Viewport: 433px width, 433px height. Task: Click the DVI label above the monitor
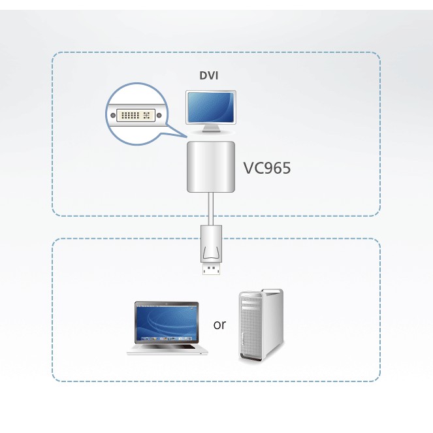coord(209,76)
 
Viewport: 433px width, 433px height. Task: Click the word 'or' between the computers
coord(219,325)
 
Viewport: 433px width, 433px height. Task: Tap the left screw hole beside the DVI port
coord(113,117)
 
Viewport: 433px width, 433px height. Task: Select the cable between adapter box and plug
coord(210,209)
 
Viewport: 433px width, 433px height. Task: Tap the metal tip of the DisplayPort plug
coord(210,268)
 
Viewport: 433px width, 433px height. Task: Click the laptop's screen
coord(167,322)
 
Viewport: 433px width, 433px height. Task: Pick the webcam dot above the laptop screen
coord(167,304)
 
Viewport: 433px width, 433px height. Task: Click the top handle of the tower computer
coord(260,293)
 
